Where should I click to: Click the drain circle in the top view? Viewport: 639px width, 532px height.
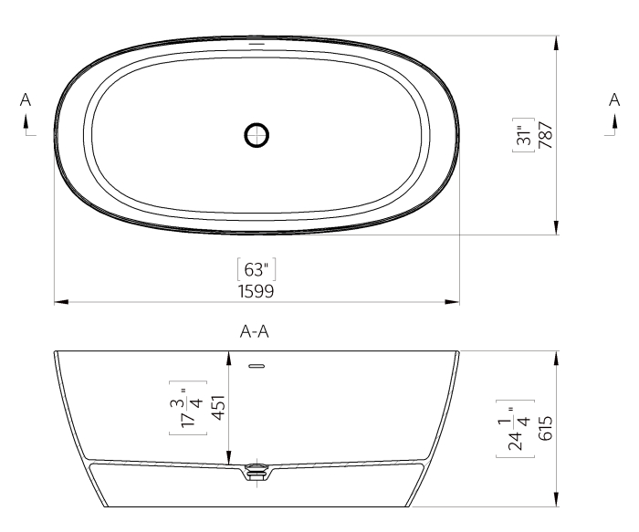(x=257, y=135)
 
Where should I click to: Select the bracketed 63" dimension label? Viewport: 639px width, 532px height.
(x=256, y=270)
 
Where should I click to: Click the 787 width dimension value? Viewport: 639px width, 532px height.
(x=545, y=135)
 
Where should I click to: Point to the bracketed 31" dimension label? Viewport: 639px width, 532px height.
(x=524, y=135)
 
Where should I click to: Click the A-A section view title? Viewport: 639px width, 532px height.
(x=255, y=334)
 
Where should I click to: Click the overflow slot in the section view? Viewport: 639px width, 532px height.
(x=256, y=367)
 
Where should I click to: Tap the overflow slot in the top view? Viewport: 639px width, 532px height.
(x=257, y=43)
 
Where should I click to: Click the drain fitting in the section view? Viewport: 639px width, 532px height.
(x=257, y=473)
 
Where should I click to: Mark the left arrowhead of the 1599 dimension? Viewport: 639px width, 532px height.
(x=58, y=301)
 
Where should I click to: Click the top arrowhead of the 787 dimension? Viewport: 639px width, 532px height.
(x=556, y=41)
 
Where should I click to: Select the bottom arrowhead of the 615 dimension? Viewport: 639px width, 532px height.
(x=556, y=500)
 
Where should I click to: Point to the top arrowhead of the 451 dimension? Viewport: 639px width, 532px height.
(x=228, y=357)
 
